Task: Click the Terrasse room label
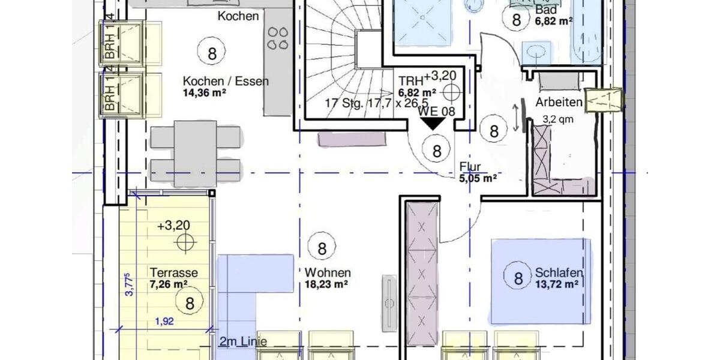(174, 272)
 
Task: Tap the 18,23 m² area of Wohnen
(326, 284)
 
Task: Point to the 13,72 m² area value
(557, 284)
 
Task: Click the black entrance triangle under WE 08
(432, 124)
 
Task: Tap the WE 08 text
(436, 111)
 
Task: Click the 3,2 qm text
(558, 119)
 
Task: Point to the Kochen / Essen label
(226, 82)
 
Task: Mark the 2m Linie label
(242, 342)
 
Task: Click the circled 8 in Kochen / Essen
(212, 53)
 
